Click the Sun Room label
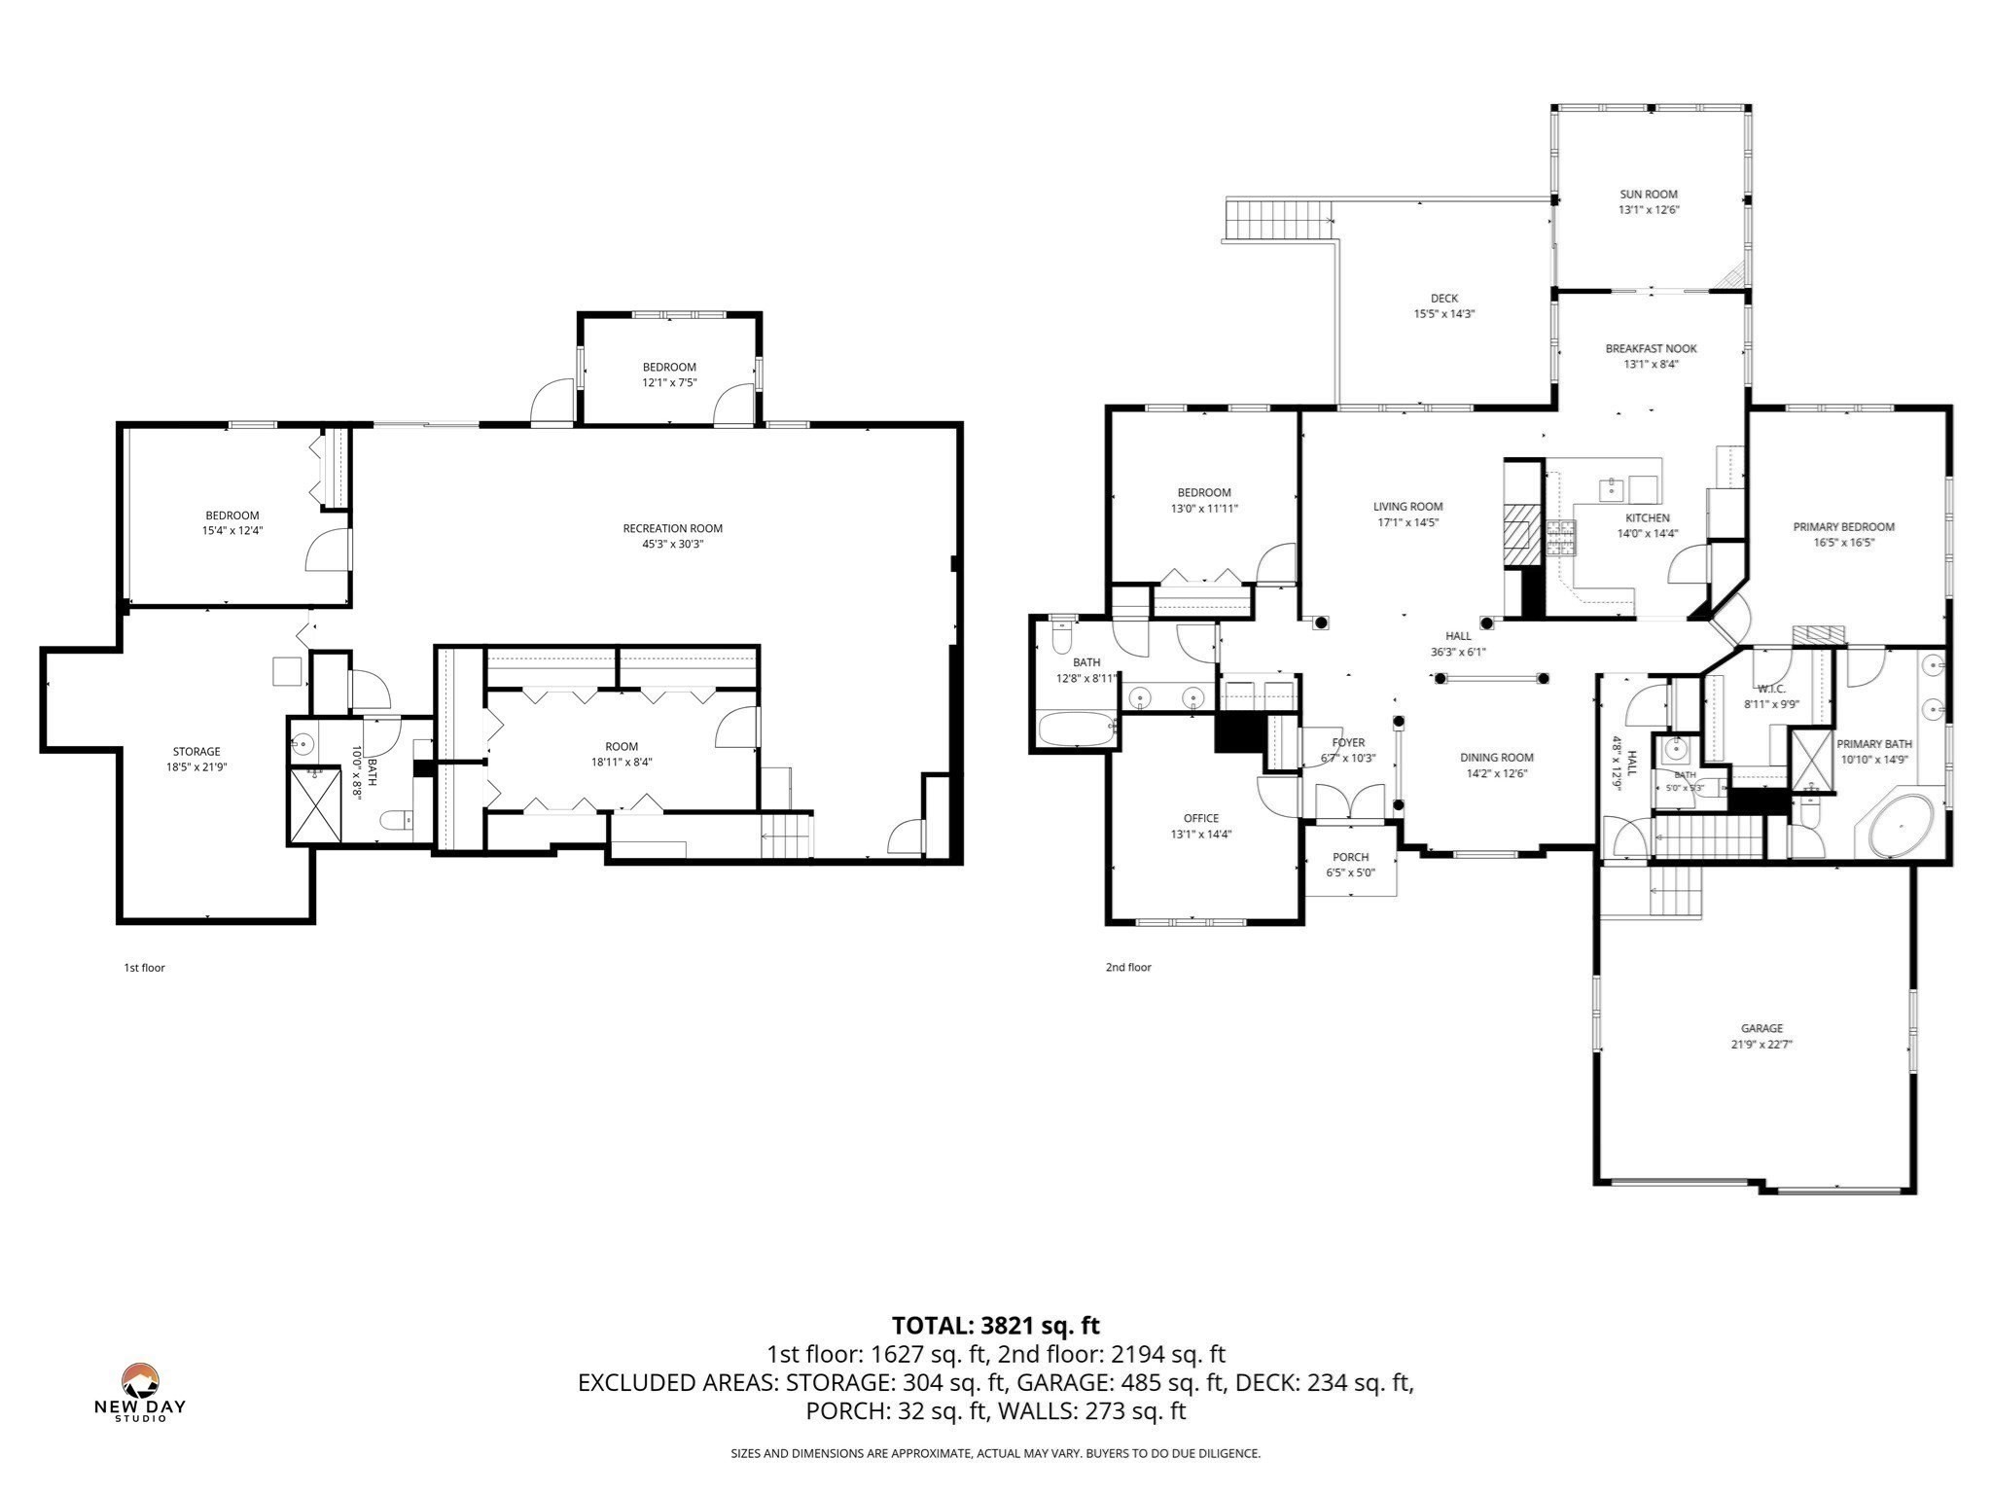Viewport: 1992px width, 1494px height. point(1648,195)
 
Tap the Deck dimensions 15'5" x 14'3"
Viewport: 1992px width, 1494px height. point(1444,314)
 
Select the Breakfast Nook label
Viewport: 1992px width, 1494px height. point(1651,348)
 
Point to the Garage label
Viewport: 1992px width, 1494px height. point(1761,1028)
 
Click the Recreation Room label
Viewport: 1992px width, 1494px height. point(673,529)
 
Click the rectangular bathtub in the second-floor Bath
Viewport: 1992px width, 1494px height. point(1078,729)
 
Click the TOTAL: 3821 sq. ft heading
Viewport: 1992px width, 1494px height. point(996,1326)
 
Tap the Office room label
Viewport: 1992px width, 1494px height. point(1201,819)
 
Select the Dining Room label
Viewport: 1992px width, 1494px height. point(1497,758)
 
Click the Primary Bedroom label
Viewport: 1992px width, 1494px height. point(1844,527)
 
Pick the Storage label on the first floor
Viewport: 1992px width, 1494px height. point(196,752)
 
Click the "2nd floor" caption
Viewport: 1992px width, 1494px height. point(1128,968)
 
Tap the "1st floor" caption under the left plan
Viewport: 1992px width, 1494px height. point(144,968)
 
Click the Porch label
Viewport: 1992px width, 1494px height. point(1351,857)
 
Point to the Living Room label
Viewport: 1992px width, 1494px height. point(1408,507)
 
